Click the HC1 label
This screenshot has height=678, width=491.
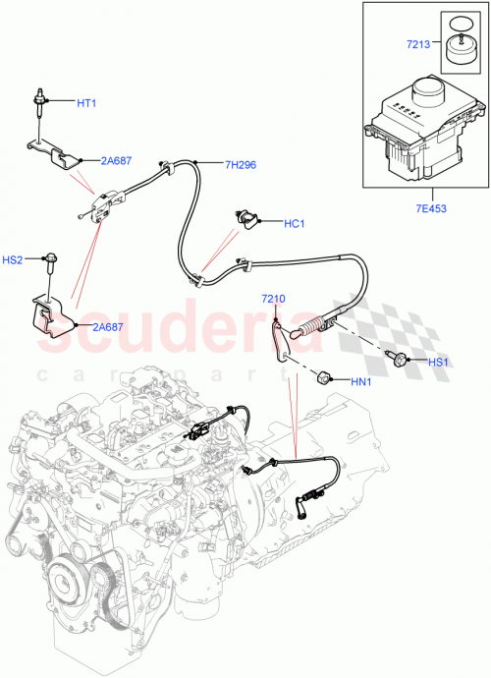pos(296,224)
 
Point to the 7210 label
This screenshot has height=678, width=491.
pos(273,299)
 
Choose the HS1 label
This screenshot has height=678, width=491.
pos(438,362)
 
